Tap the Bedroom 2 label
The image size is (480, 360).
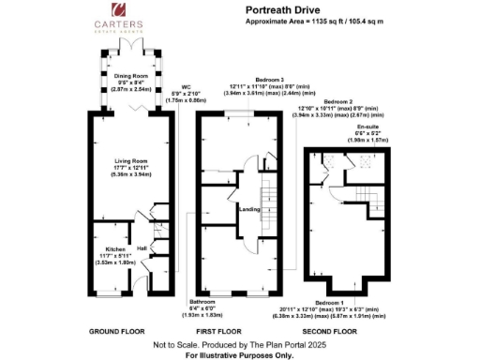[x=337, y=100]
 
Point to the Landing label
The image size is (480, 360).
[x=249, y=209]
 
